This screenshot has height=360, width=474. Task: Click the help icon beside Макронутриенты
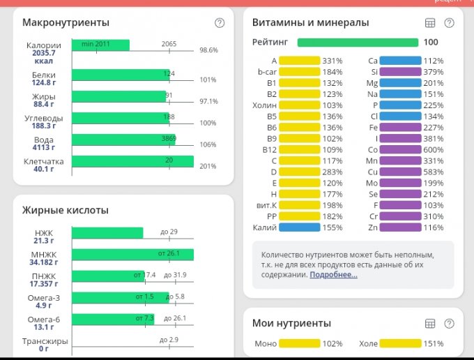pyautogui.click(x=220, y=23)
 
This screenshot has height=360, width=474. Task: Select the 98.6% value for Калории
pyautogui.click(x=208, y=50)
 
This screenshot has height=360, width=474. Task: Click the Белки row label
pyautogui.click(x=44, y=75)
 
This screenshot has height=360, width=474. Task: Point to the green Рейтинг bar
pyautogui.click(x=358, y=43)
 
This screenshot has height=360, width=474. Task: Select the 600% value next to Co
pyautogui.click(x=434, y=149)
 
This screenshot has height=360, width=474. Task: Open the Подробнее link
pyautogui.click(x=333, y=275)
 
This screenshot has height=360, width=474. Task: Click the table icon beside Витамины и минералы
pyautogui.click(x=430, y=23)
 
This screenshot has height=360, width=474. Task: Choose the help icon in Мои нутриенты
pyautogui.click(x=449, y=324)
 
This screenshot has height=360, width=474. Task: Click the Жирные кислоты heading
pyautogui.click(x=66, y=210)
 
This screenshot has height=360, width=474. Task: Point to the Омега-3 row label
pyautogui.click(x=43, y=298)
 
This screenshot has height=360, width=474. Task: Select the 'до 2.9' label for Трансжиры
pyautogui.click(x=169, y=340)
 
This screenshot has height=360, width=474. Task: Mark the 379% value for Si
pyautogui.click(x=434, y=72)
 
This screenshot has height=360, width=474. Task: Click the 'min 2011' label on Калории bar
pyautogui.click(x=95, y=44)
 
